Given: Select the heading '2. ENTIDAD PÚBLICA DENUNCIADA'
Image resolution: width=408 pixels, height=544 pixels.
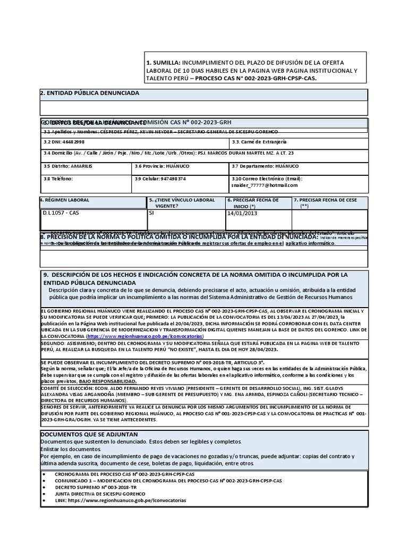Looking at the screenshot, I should (90, 93).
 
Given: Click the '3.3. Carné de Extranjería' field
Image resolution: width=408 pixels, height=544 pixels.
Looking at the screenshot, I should (259, 142).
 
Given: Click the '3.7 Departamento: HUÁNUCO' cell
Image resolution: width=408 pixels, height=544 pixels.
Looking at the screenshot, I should (262, 166).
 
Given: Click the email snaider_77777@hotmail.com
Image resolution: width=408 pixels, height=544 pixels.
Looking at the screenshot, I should (264, 185).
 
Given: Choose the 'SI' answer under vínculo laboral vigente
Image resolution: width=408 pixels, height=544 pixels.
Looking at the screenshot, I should (152, 212).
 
